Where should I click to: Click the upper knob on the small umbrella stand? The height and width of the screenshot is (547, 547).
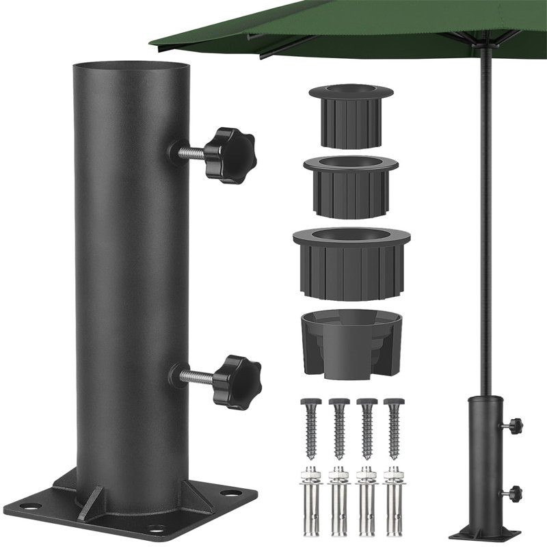click(x=514, y=427)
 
